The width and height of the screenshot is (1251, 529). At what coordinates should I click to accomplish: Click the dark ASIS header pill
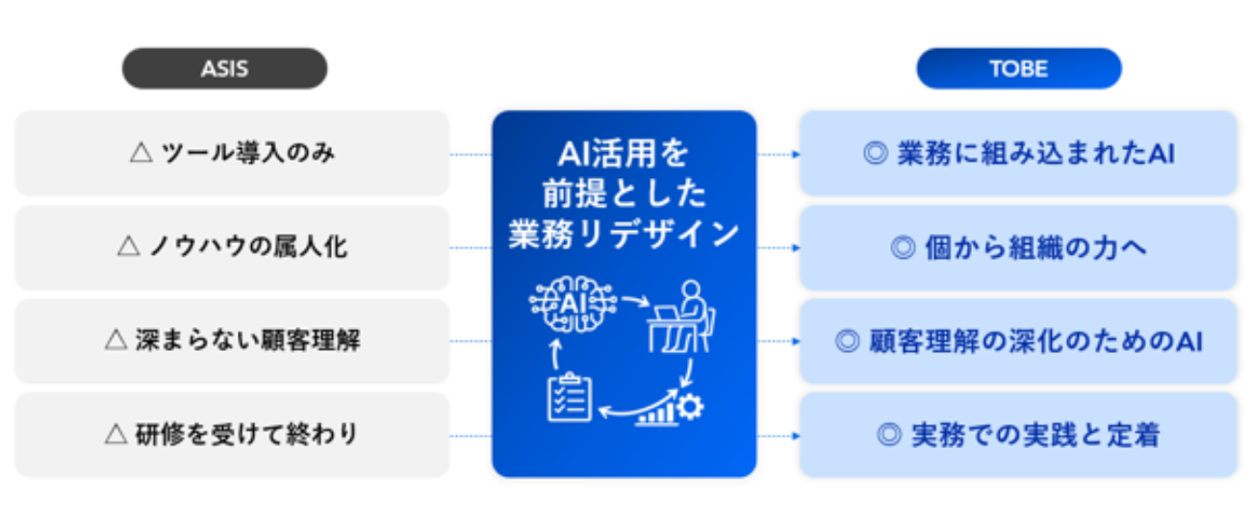pos(224,68)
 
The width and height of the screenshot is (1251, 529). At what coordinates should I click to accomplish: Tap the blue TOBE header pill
pos(1019,68)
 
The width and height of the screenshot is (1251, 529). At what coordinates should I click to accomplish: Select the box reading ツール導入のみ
pos(232,153)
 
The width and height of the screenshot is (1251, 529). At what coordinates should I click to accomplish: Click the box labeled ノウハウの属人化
pos(232,247)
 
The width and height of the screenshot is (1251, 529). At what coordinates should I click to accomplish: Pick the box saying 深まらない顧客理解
pos(232,340)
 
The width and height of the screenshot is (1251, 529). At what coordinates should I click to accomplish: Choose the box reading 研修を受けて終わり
pos(232,435)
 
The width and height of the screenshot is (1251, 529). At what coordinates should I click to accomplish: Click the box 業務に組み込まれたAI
pos(1018,153)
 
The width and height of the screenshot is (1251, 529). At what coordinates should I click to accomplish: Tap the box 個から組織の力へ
pos(1018,247)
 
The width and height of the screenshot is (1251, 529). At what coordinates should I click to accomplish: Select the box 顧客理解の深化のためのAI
pos(1018,340)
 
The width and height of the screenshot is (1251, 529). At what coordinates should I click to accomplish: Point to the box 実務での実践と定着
pos(1018,435)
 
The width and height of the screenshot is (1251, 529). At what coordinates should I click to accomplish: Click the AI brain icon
pos(573,304)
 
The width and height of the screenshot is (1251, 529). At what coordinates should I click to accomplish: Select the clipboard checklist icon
pos(569,396)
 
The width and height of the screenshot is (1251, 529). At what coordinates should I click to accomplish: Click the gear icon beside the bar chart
pos(690,407)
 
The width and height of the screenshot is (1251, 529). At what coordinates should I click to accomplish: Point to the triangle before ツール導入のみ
pos(141,152)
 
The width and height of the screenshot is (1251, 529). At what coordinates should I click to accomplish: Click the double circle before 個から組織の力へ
pos(903,247)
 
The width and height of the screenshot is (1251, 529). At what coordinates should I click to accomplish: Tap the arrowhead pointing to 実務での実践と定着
pos(797,436)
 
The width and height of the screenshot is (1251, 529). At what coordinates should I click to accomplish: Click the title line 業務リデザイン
pos(624,235)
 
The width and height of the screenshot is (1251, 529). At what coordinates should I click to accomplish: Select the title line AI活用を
pos(624,154)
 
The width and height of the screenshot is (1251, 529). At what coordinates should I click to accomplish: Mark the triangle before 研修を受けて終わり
pos(116,434)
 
